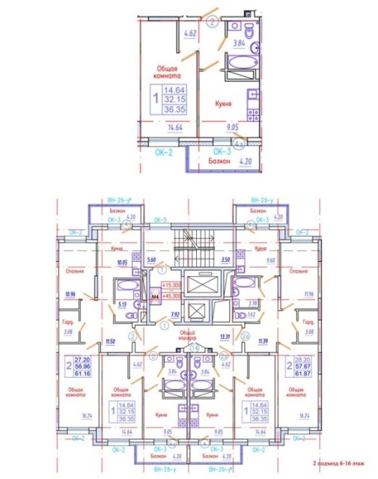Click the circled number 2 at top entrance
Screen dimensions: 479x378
point(211,22)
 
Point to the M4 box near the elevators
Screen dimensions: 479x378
point(155,296)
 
